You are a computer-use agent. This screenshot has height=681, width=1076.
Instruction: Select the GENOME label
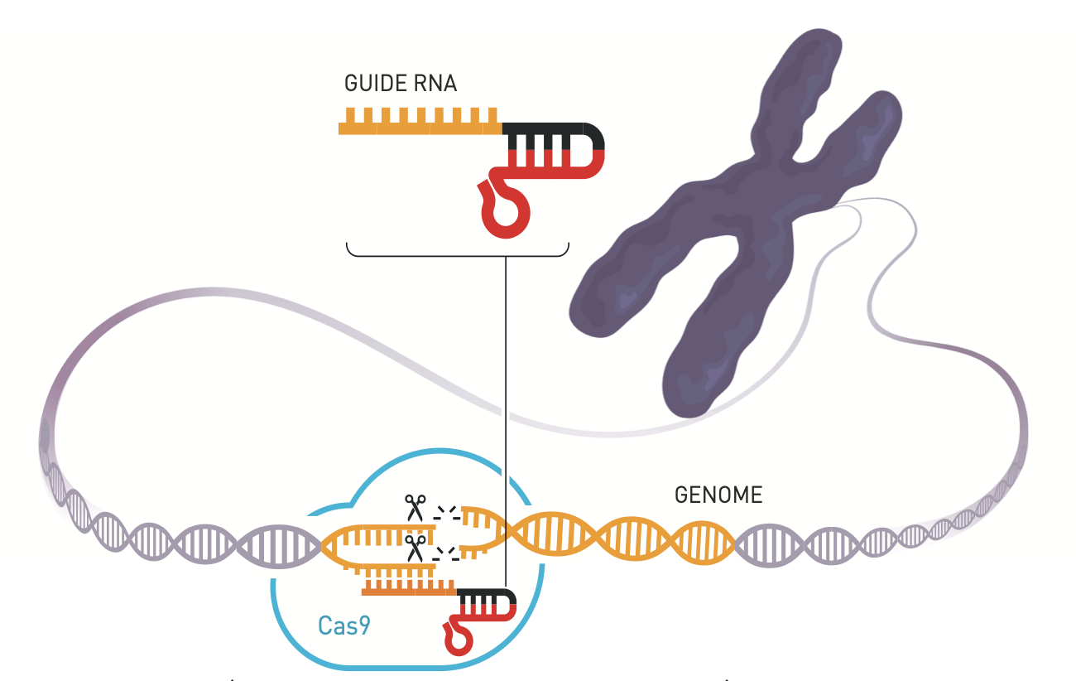click(718, 495)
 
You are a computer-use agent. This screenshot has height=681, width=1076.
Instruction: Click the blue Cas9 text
click(344, 625)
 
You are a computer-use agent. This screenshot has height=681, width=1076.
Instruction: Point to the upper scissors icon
click(415, 505)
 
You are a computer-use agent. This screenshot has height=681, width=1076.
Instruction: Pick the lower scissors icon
click(415, 547)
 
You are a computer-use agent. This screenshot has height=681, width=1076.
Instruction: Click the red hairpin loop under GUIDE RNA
click(504, 214)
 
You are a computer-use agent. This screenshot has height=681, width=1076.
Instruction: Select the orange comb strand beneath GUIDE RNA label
click(419, 124)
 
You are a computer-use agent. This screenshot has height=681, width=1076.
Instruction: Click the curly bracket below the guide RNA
click(457, 251)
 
